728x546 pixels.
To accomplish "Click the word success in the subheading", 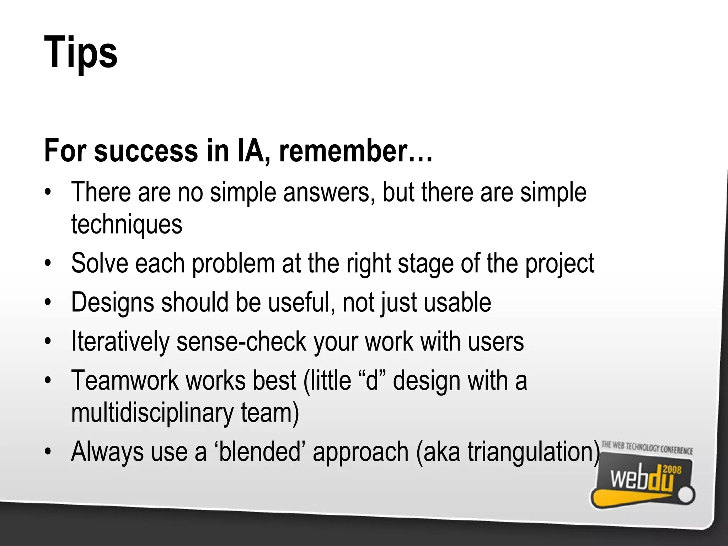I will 146,151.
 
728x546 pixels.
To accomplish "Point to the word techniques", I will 127,224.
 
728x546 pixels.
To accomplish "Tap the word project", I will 560,263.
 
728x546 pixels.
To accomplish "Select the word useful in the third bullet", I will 301,303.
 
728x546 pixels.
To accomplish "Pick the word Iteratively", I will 120,342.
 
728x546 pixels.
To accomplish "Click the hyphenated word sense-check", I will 241,342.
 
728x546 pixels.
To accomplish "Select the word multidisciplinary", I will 152,413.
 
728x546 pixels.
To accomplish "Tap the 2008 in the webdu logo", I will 672,470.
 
